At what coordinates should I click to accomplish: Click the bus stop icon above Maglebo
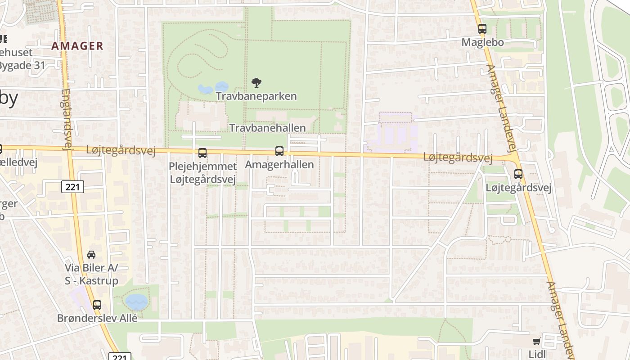(482, 29)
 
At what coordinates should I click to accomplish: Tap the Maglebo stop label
(482, 42)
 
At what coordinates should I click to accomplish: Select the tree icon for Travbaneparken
(256, 82)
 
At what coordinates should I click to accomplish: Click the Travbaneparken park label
(256, 96)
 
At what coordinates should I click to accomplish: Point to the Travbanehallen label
(268, 128)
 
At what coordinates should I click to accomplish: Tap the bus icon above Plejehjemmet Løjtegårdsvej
(202, 153)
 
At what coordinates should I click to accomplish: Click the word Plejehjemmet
(202, 166)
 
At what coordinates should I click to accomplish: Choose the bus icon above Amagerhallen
(279, 151)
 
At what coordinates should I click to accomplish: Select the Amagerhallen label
(279, 165)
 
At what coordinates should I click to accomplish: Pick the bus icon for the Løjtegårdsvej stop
(518, 174)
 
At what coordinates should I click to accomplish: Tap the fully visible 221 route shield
(72, 186)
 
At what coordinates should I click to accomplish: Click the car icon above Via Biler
(91, 254)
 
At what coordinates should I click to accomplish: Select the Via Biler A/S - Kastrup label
(91, 274)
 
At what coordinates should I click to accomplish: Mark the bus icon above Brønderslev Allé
(97, 305)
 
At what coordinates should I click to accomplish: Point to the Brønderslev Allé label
(97, 318)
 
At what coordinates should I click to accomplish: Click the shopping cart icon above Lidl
(536, 341)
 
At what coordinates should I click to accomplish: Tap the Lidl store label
(537, 354)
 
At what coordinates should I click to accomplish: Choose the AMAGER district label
(77, 46)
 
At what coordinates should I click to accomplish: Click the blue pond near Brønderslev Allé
(136, 301)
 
